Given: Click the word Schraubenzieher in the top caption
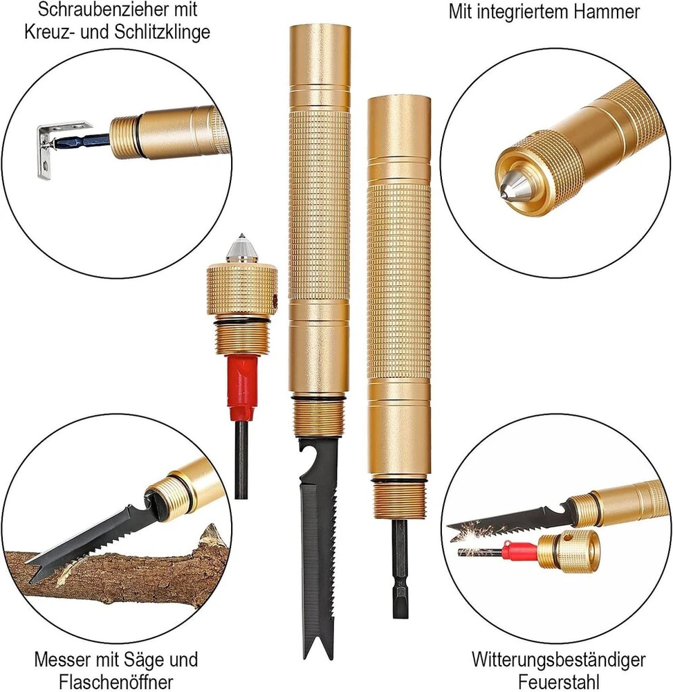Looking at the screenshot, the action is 105,9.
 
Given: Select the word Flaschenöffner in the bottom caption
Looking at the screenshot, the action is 116,682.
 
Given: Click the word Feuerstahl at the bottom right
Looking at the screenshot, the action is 559,682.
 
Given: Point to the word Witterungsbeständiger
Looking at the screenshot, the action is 558,660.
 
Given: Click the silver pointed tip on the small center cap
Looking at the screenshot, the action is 241,248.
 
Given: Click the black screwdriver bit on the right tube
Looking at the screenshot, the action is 400,568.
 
